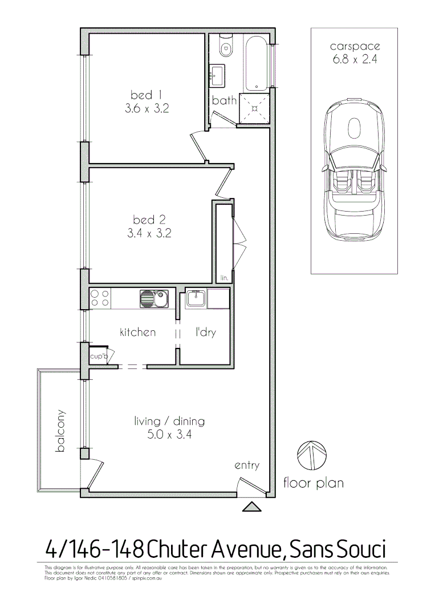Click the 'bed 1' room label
pyautogui.click(x=141, y=95)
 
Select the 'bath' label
pyautogui.click(x=224, y=101)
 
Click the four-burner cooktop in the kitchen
pyautogui.click(x=100, y=298)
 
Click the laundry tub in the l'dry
pyautogui.click(x=195, y=298)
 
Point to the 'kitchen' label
pyautogui.click(x=137, y=332)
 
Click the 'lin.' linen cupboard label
pyautogui.click(x=224, y=278)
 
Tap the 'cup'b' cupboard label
pyautogui.click(x=98, y=356)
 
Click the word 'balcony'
pyautogui.click(x=60, y=431)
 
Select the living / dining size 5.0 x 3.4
pyautogui.click(x=169, y=436)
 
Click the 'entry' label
pyautogui.click(x=247, y=465)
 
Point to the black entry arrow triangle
pyautogui.click(x=251, y=506)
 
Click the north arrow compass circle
pyautogui.click(x=312, y=455)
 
